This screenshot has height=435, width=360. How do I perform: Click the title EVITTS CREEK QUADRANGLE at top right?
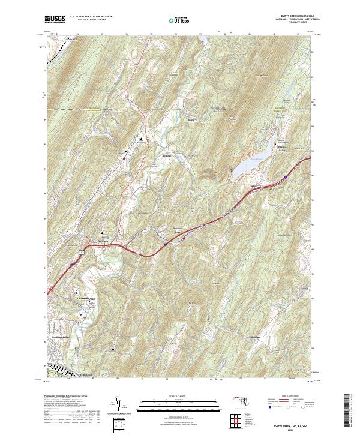[287, 16]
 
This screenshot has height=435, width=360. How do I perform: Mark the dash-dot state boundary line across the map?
[180, 110]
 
